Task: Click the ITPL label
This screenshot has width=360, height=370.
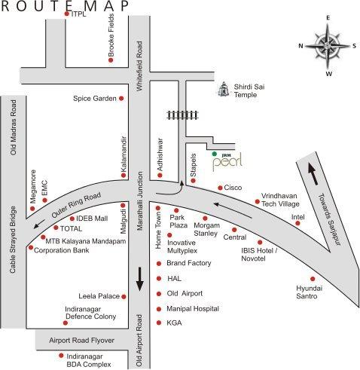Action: point(78,14)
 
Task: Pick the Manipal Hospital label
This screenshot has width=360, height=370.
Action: point(192,308)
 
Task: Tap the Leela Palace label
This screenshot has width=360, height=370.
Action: point(100,296)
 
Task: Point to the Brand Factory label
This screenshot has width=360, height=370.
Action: point(188,264)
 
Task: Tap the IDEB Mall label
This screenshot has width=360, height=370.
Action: point(92,219)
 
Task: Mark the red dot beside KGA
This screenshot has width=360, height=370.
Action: point(158,323)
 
